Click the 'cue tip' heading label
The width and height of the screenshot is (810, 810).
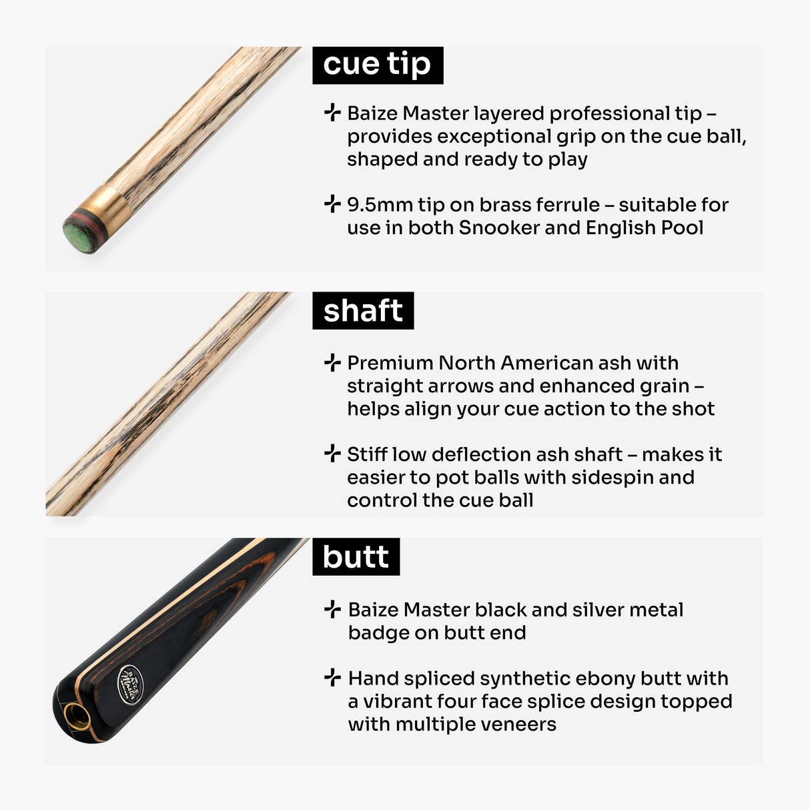pos(377,65)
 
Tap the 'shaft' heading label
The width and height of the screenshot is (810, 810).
pos(363,311)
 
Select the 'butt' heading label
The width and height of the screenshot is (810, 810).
pos(356,557)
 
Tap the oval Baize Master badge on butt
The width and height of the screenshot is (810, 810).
pos(129,685)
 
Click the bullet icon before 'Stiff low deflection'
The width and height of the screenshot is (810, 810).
pos(332,454)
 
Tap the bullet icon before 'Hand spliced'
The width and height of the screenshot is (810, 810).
pos(332,677)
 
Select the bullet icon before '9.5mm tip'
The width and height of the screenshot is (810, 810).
pos(332,204)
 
